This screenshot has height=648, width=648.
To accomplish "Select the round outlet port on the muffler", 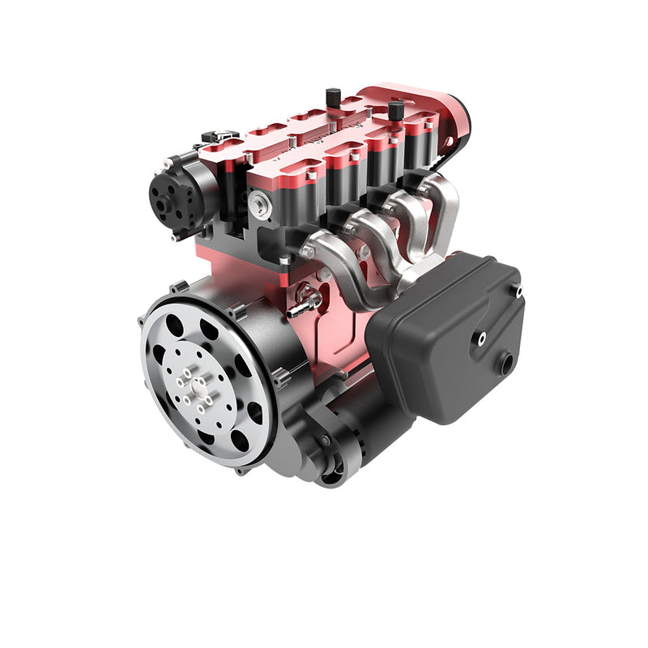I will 506,364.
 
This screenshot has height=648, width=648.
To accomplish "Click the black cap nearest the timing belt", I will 396,110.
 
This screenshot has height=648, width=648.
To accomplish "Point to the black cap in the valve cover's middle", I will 333,97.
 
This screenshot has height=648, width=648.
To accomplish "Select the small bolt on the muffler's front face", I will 481,339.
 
